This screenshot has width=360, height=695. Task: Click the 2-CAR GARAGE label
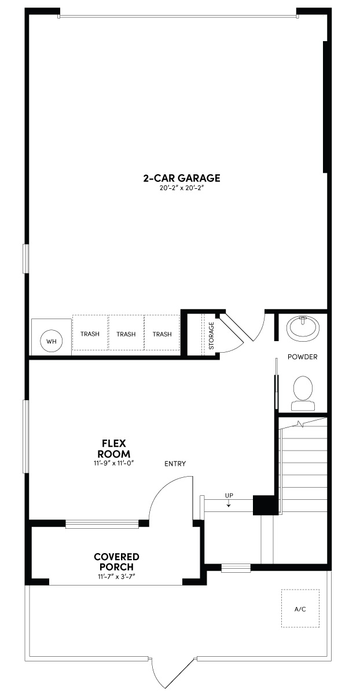[182, 178]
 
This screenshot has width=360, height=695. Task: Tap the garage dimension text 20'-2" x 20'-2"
[182, 188]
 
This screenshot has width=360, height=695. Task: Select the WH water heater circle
[52, 341]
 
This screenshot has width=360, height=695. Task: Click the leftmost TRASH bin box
[90, 334]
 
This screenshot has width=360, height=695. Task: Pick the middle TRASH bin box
[126, 334]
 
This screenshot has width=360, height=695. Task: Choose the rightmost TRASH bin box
[162, 334]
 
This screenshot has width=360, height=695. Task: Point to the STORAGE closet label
[211, 335]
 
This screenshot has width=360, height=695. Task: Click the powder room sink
[303, 328]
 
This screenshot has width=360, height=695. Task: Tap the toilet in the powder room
[303, 389]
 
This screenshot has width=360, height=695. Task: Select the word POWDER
[302, 357]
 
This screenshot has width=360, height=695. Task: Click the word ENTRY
[175, 463]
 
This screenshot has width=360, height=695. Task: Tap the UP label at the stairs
[229, 496]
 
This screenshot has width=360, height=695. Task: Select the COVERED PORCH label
[116, 561]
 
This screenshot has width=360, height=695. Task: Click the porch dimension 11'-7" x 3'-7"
[116, 576]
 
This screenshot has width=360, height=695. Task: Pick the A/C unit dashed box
[300, 608]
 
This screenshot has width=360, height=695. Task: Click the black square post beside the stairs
[264, 504]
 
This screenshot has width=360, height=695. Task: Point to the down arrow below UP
[229, 504]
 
